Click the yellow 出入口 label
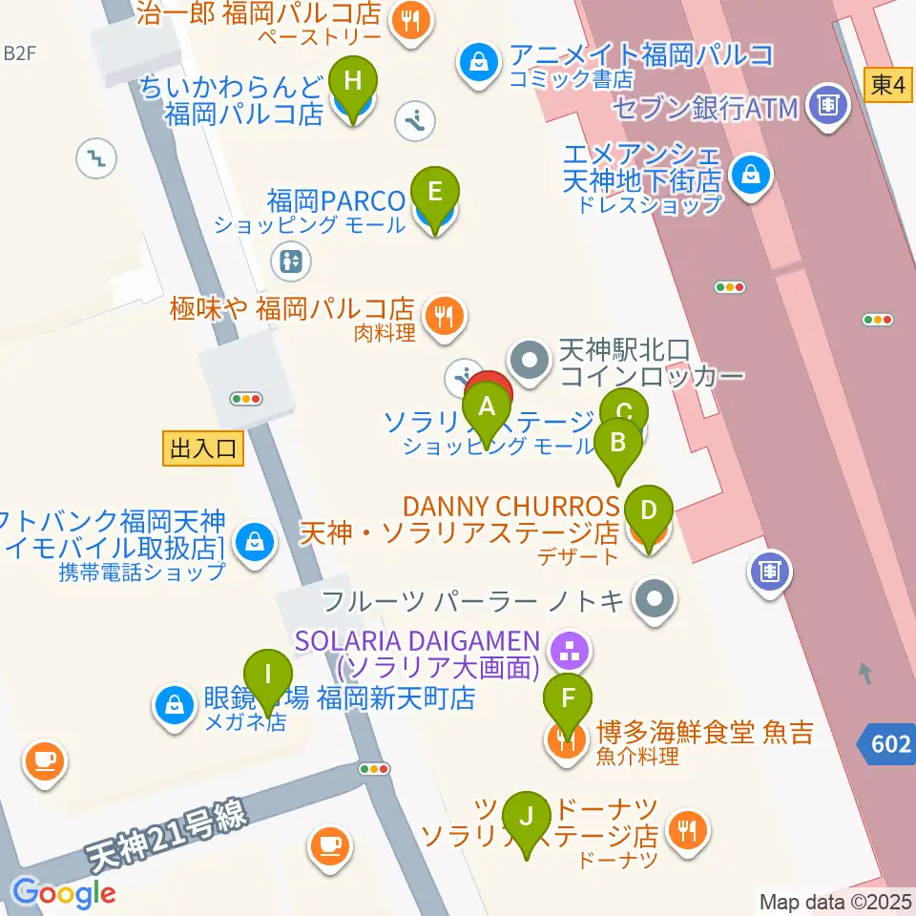pyautogui.click(x=203, y=448)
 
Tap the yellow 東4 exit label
pyautogui.click(x=886, y=84)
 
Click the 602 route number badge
pyautogui.click(x=888, y=743)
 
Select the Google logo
pyautogui.click(x=63, y=893)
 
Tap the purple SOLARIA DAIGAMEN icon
pyautogui.click(x=571, y=653)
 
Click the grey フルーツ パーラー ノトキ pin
pyautogui.click(x=655, y=600)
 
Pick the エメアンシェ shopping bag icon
pyautogui.click(x=752, y=174)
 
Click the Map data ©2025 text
pyautogui.click(x=835, y=902)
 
